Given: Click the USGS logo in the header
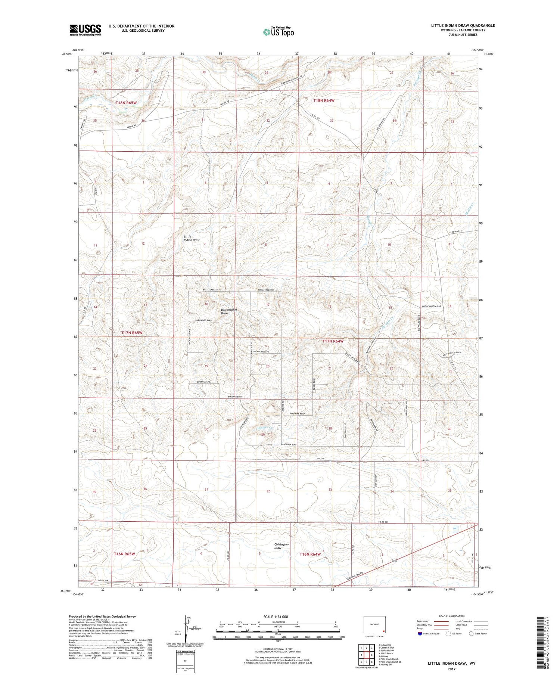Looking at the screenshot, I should pyautogui.click(x=85, y=30).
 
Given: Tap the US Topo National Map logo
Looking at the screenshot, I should pyautogui.click(x=278, y=32).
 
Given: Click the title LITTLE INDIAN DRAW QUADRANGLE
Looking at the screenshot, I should pyautogui.click(x=463, y=25).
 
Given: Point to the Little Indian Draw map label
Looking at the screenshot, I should pyautogui.click(x=192, y=238).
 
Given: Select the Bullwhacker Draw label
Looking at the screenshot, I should pyautogui.click(x=229, y=311).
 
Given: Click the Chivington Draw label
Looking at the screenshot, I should pyautogui.click(x=281, y=546).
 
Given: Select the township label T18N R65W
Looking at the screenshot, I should pyautogui.click(x=126, y=103).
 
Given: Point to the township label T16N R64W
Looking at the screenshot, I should pyautogui.click(x=310, y=554).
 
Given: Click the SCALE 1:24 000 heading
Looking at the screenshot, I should pyautogui.click(x=276, y=617).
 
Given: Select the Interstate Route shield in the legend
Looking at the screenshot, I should pyautogui.click(x=420, y=633).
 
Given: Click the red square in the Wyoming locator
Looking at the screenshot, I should pyautogui.click(x=383, y=632).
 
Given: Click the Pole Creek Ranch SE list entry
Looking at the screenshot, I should pyautogui.click(x=390, y=662).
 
